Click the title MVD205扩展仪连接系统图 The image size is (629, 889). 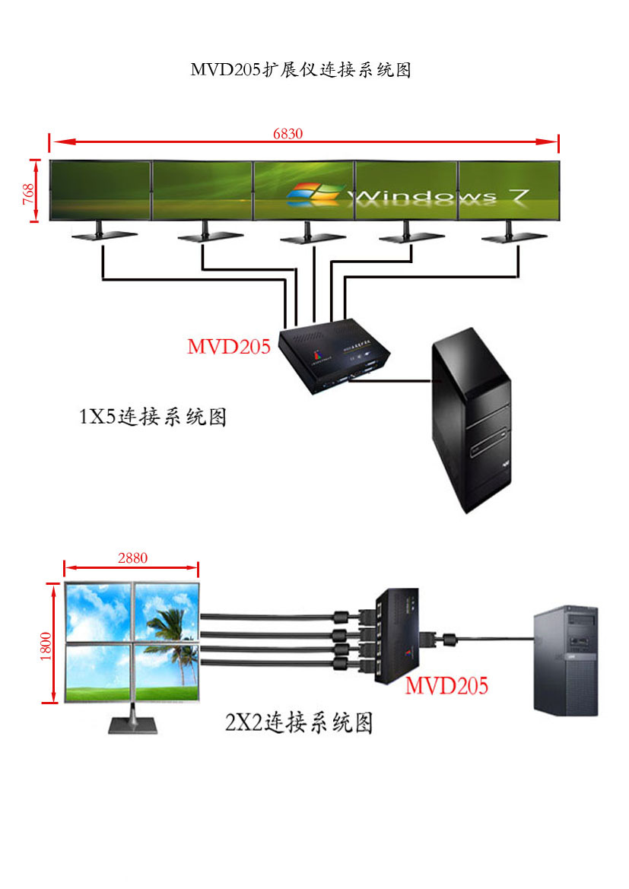pyautogui.click(x=300, y=70)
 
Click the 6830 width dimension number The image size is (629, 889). pyautogui.click(x=288, y=134)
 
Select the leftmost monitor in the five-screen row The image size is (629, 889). pyautogui.click(x=100, y=190)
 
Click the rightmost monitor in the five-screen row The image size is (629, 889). pyautogui.click(x=509, y=190)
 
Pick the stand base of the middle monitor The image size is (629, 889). pyautogui.click(x=306, y=240)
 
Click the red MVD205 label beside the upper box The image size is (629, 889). pyautogui.click(x=229, y=347)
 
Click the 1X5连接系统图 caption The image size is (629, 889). pyautogui.click(x=153, y=417)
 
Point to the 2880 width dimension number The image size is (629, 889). pyautogui.click(x=132, y=557)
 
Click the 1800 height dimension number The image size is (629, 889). pyautogui.click(x=45, y=645)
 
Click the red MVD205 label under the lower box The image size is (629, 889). pyautogui.click(x=446, y=685)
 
